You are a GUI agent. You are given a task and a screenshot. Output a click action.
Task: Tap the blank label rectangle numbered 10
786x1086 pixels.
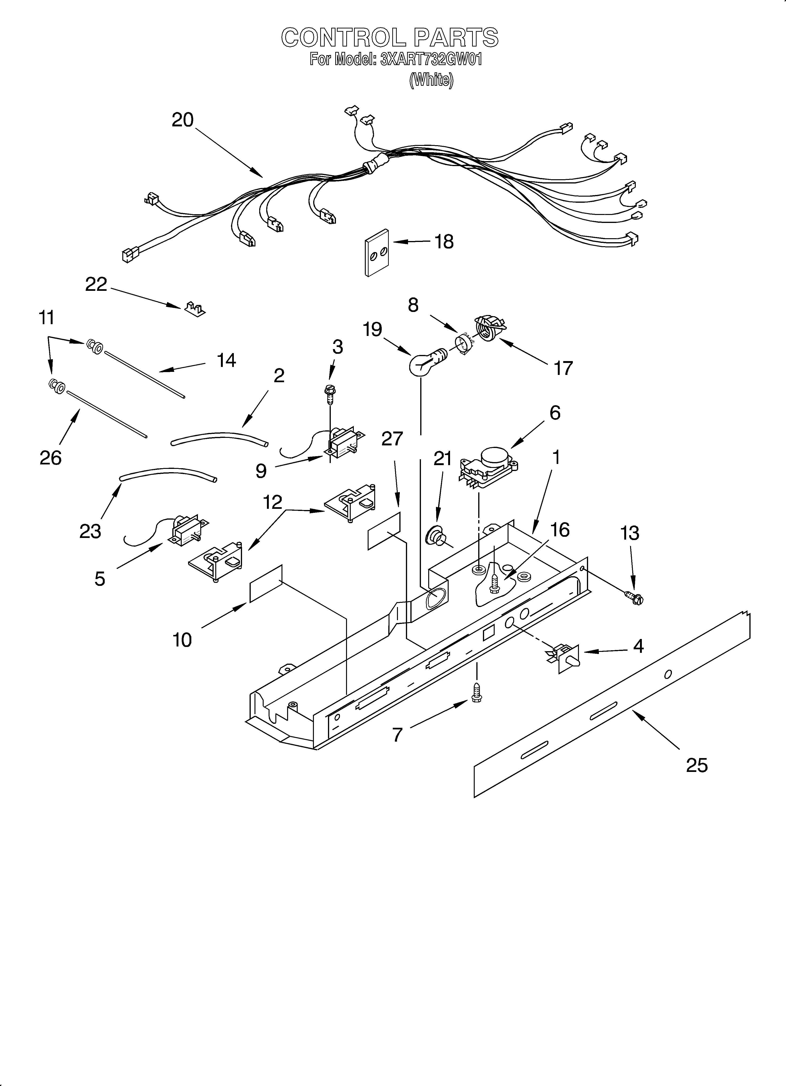(266, 583)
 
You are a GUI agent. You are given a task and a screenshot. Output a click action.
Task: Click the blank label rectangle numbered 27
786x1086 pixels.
(384, 531)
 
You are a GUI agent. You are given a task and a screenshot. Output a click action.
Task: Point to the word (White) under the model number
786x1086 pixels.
(431, 79)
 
